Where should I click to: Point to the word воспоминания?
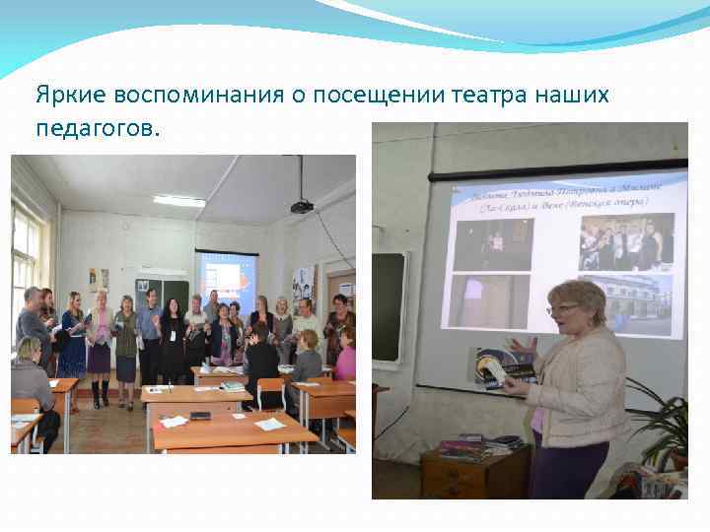click(x=198, y=96)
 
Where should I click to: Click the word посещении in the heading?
click(x=380, y=96)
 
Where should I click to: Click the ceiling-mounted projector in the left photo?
click(x=302, y=206)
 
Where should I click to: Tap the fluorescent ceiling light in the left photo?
click(x=179, y=200)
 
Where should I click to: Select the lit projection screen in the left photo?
click(x=226, y=276)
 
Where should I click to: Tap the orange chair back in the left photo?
click(x=270, y=390)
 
